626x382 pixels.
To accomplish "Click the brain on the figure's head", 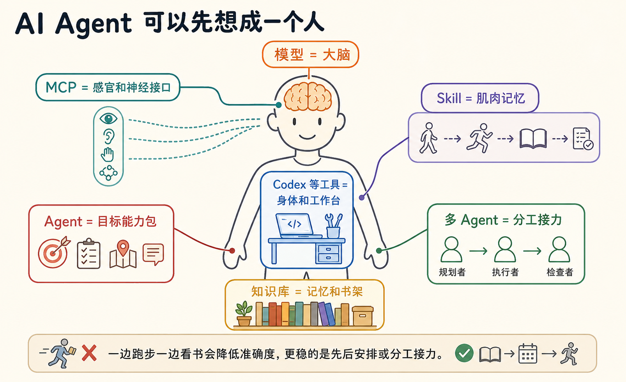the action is tap(308, 96).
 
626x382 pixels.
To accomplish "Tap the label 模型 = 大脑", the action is tap(312, 55).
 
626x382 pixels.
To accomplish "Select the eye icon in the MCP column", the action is tap(108, 118).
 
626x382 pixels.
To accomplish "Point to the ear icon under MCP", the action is tap(108, 137).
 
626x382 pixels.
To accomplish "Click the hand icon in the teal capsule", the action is tap(108, 155).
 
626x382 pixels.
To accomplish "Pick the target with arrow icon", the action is tap(54, 252).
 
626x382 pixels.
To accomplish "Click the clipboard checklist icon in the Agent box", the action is tap(88, 254).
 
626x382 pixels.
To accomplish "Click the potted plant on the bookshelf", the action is tap(244, 313).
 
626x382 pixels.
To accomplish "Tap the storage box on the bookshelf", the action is tap(363, 316).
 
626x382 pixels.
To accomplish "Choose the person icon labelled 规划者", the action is tap(451, 249).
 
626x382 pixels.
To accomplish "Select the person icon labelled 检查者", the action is tap(559, 249).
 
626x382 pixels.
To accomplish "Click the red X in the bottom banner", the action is tap(89, 353).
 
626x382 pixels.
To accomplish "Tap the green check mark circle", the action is tap(464, 353).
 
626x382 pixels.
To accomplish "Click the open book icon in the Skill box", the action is tap(533, 139).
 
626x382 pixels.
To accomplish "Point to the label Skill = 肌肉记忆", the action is tap(481, 98).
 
